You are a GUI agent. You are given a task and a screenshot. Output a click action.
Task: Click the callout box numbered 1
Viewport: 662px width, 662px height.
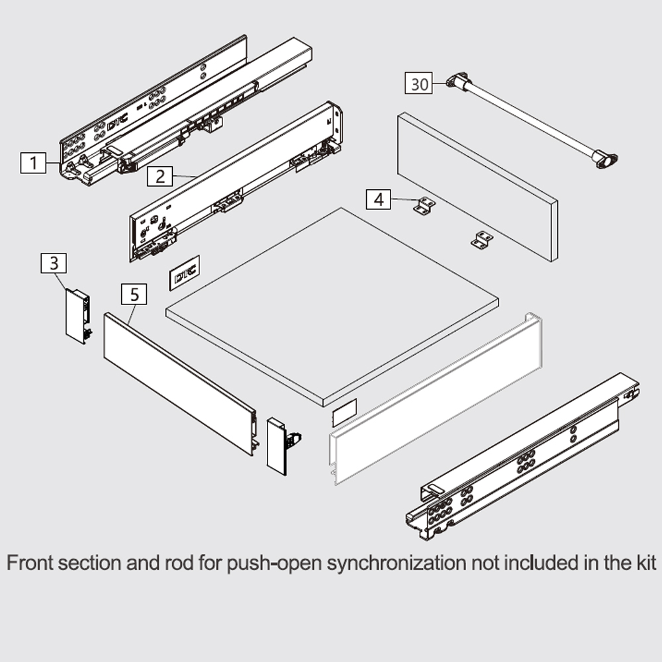pos(33,163)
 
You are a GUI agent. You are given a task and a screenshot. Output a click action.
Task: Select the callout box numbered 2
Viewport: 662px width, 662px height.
pos(160,176)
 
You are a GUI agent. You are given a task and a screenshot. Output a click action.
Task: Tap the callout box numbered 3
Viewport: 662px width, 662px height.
pos(54,263)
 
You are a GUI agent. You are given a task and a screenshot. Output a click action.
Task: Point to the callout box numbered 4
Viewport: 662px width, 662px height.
pos(379,199)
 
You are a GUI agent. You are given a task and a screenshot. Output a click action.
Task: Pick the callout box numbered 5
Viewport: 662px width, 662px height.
pos(134,295)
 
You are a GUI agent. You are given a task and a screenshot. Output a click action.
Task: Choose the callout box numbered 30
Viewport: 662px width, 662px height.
pos(419,83)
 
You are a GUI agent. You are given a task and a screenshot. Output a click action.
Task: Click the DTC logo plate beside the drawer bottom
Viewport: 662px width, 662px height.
pos(185,273)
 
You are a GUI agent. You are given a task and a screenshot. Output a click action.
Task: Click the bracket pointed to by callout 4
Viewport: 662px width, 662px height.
pos(424,206)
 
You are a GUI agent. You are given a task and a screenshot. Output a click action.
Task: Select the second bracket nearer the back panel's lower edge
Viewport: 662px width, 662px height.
pos(482,240)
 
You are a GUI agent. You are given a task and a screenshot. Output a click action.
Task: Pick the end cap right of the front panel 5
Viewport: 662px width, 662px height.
pos(283,446)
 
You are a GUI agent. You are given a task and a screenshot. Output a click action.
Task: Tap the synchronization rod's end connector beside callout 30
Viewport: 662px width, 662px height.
pos(457,81)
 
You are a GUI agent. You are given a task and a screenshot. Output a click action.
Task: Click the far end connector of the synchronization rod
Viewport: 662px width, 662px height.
pos(605,159)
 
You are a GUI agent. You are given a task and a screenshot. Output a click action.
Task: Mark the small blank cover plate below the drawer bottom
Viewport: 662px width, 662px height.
pos(344,412)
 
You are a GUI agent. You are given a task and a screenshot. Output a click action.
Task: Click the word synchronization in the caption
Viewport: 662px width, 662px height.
pos(397,563)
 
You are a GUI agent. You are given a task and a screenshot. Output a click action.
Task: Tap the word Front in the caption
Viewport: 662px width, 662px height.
pos(30,563)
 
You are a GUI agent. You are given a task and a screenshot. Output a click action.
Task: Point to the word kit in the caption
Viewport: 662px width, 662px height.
pos(644,563)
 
